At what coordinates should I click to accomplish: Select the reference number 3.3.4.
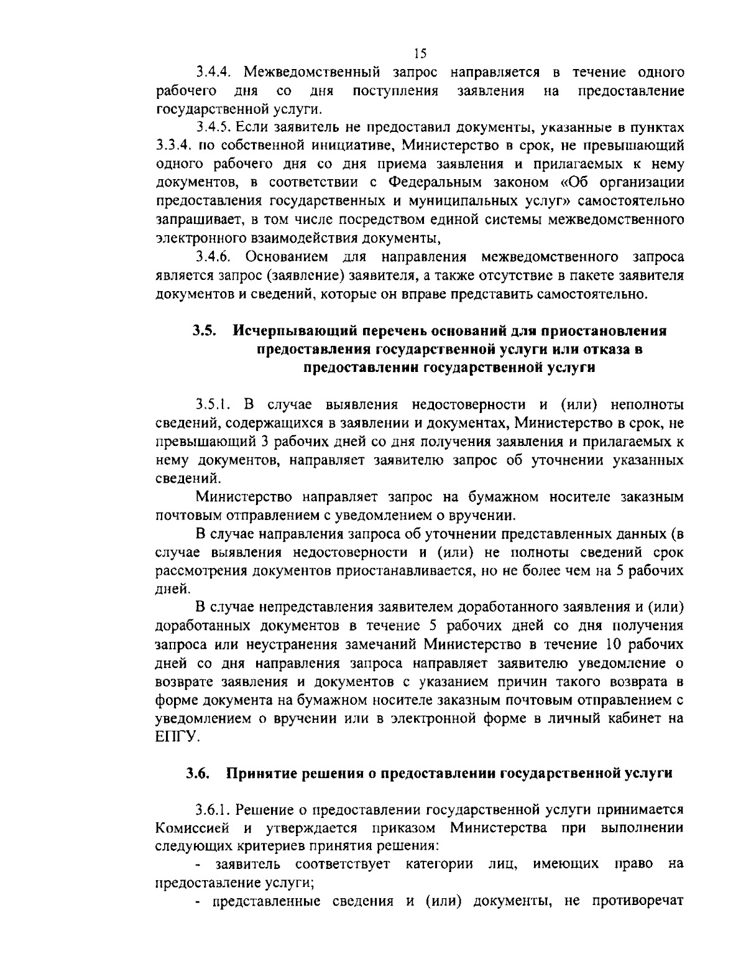click(x=174, y=146)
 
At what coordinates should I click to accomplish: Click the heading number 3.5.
click(x=204, y=331)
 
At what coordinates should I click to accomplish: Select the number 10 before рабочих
click(x=611, y=644)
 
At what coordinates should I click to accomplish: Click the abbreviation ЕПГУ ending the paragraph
click(x=177, y=736)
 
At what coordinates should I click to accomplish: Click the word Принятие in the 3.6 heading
click(x=260, y=774)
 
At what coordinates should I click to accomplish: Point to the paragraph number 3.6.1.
click(x=214, y=810)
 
